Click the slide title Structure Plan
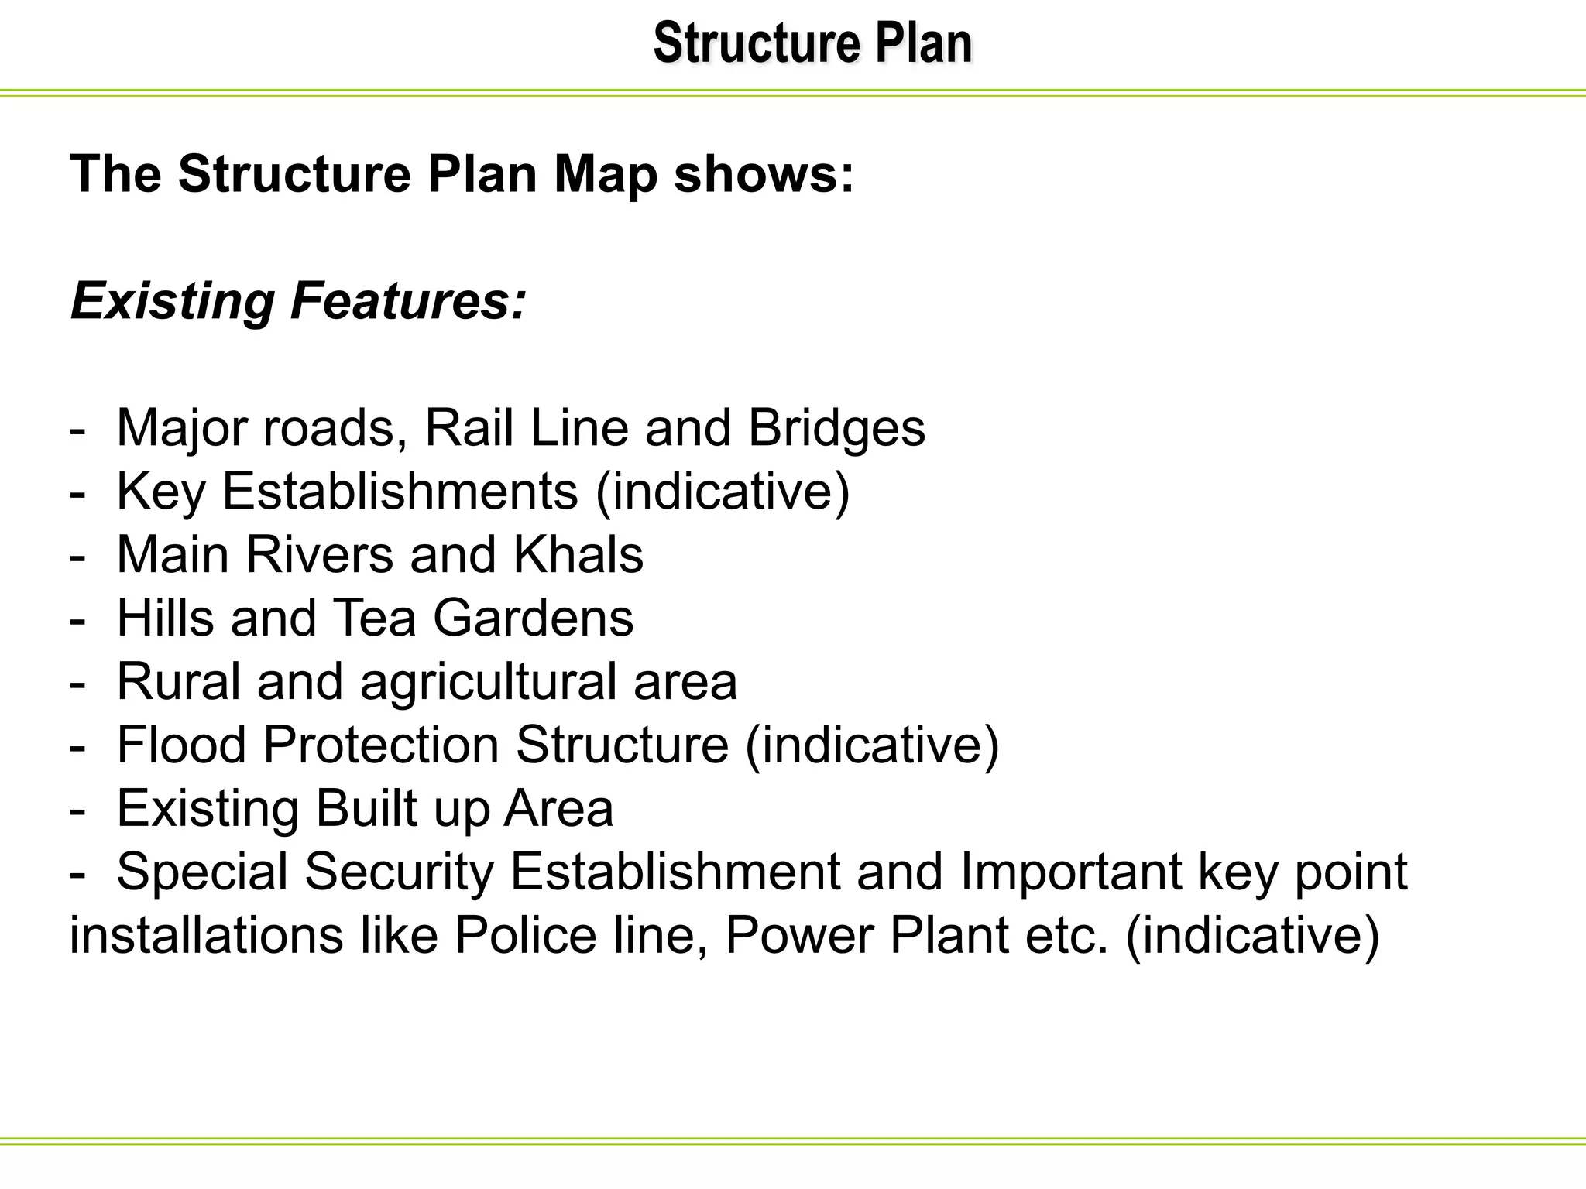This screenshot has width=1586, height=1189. pos(812,43)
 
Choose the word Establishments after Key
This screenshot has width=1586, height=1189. pos(400,491)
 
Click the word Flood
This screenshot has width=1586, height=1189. pos(181,745)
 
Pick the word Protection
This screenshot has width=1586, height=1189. pos(382,745)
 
